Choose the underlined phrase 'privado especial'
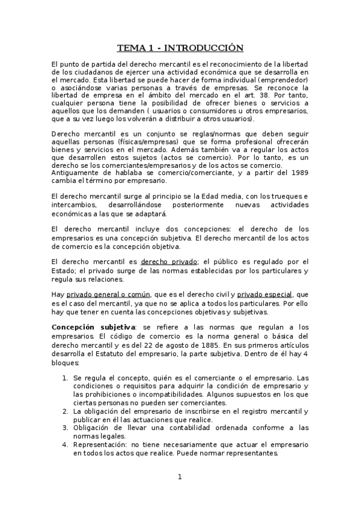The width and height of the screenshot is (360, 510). (264, 295)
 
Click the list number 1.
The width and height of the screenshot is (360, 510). (65, 378)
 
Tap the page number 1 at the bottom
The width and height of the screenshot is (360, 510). (179, 478)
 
